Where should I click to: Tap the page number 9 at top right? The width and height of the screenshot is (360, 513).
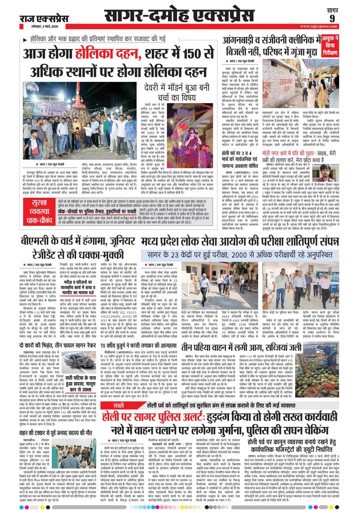344,18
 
